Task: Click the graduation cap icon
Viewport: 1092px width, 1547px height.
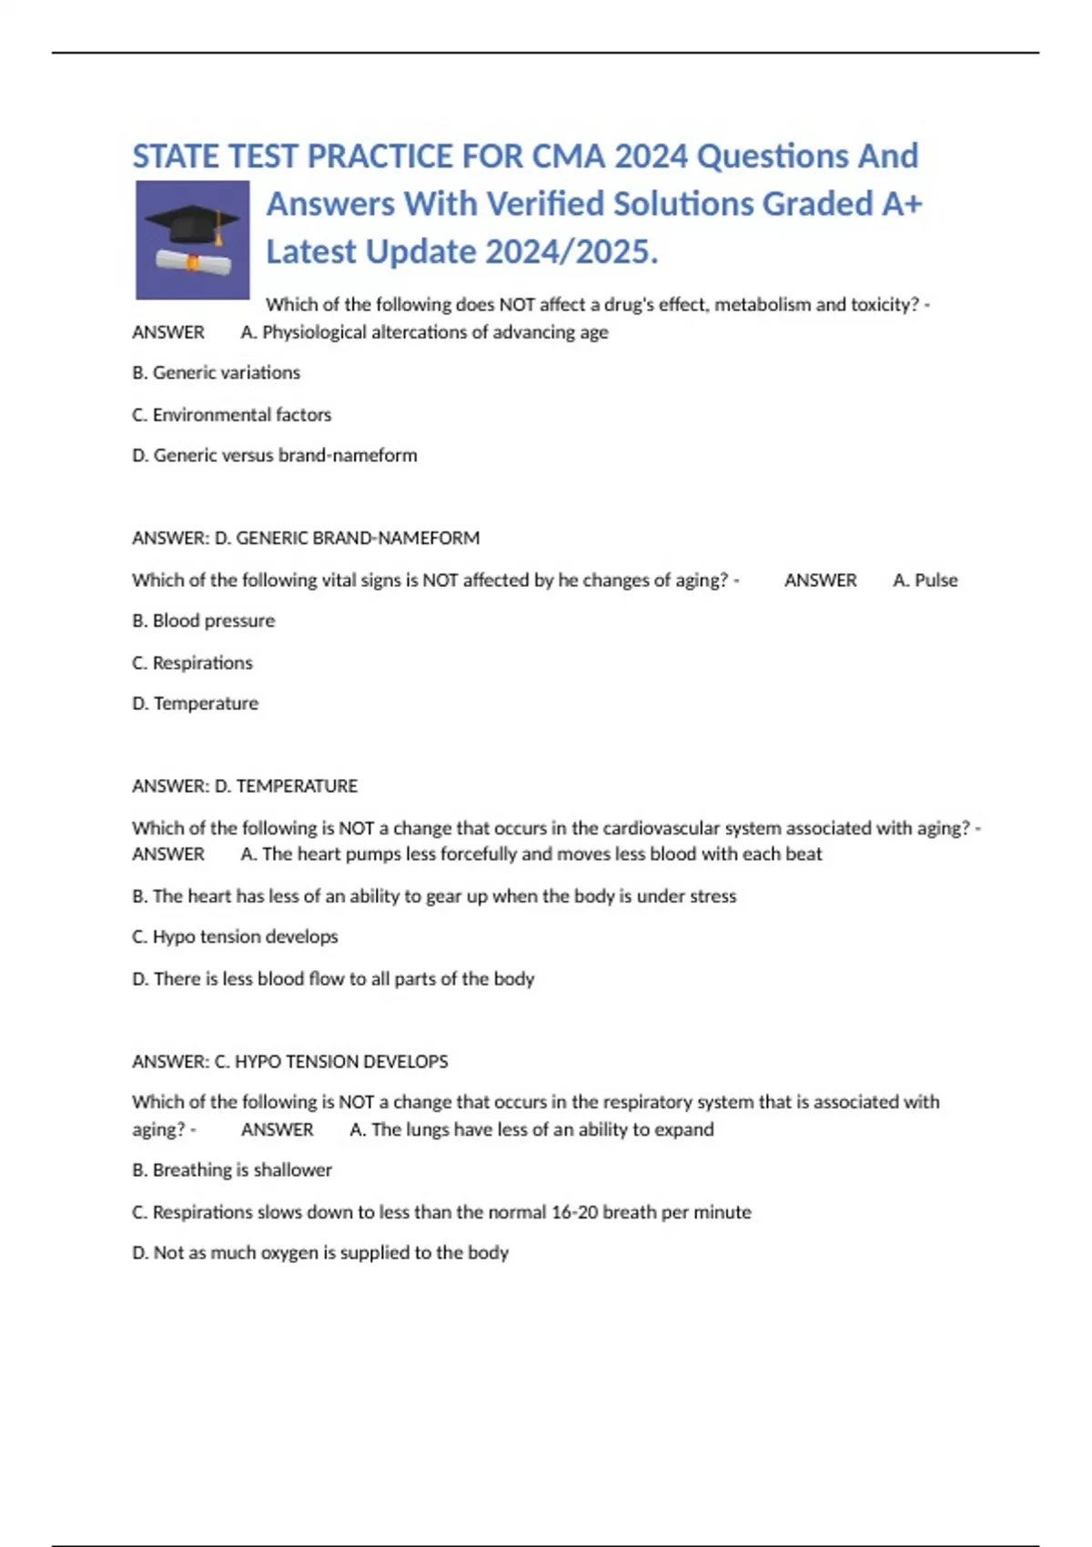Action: [192, 239]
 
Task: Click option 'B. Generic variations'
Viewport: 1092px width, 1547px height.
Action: [216, 373]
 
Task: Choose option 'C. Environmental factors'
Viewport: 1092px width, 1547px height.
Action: [231, 415]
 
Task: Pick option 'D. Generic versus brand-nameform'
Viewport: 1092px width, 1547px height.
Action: [274, 456]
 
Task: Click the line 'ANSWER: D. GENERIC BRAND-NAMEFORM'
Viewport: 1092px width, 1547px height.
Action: [306, 539]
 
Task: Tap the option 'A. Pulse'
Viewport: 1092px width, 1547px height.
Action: [925, 581]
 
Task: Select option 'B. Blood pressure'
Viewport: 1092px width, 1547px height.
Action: [203, 622]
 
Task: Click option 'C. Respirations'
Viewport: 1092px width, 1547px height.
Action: [192, 663]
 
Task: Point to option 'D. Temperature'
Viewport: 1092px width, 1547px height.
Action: [195, 704]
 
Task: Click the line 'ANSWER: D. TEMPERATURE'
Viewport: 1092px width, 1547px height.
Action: [245, 786]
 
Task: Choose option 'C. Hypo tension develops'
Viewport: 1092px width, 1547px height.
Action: [235, 937]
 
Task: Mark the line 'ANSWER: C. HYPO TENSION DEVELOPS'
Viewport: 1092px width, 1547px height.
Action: [289, 1062]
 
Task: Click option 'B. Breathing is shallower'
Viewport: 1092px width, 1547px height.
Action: [231, 1170]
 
